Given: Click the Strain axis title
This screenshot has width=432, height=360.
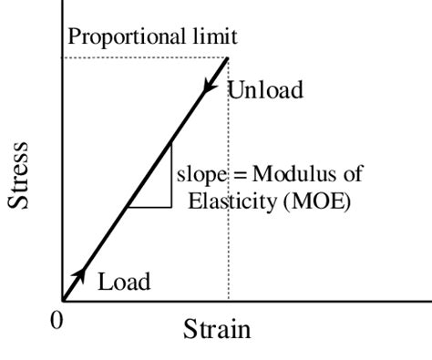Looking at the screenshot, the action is [217, 328].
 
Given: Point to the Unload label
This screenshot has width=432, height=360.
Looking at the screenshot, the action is [264, 90].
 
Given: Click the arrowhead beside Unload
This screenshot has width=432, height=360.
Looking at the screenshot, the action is [211, 85].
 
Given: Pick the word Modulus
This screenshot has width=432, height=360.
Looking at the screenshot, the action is [279, 174].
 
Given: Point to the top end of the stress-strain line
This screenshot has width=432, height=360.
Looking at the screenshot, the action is [227, 57].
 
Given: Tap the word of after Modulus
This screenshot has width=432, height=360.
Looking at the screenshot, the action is [332, 174].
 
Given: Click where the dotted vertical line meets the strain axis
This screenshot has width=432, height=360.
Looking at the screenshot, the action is [228, 299].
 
